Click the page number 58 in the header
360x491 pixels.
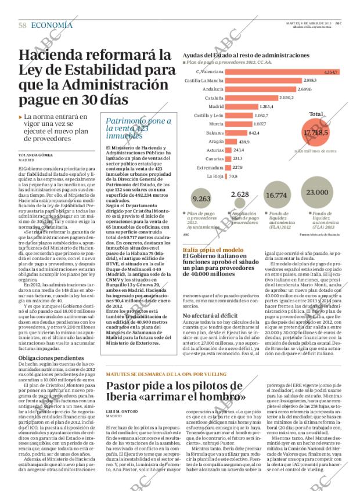click(23, 25)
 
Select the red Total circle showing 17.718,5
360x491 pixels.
click(315, 133)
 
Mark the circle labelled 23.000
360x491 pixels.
click(317, 192)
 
